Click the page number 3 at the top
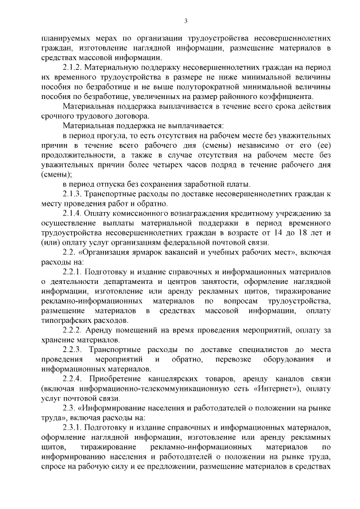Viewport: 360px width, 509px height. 185,21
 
